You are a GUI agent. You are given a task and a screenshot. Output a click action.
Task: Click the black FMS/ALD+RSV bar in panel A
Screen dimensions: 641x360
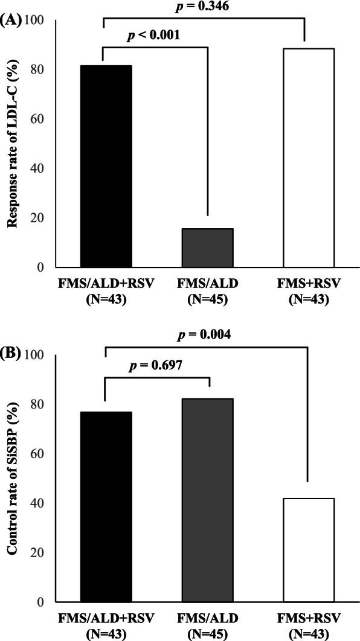(106, 166)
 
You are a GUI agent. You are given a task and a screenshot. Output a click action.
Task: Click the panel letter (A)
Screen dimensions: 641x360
(11, 21)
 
